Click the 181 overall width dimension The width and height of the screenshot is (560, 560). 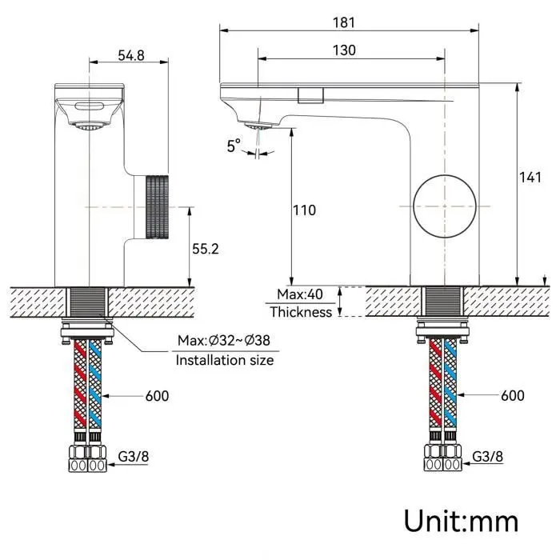pos(344,22)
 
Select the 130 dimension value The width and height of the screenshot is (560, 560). pos(344,50)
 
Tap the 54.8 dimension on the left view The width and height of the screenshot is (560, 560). pos(131,56)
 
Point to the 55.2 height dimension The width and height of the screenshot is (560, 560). pos(206,249)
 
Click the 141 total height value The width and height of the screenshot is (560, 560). pos(530,178)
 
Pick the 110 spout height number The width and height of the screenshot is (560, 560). pos(304,210)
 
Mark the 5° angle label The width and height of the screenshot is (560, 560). pos(234,146)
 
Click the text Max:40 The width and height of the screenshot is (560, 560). pos(300,294)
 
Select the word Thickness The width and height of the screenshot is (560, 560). pos(301,312)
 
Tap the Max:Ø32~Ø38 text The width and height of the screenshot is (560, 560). pos(224,340)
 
